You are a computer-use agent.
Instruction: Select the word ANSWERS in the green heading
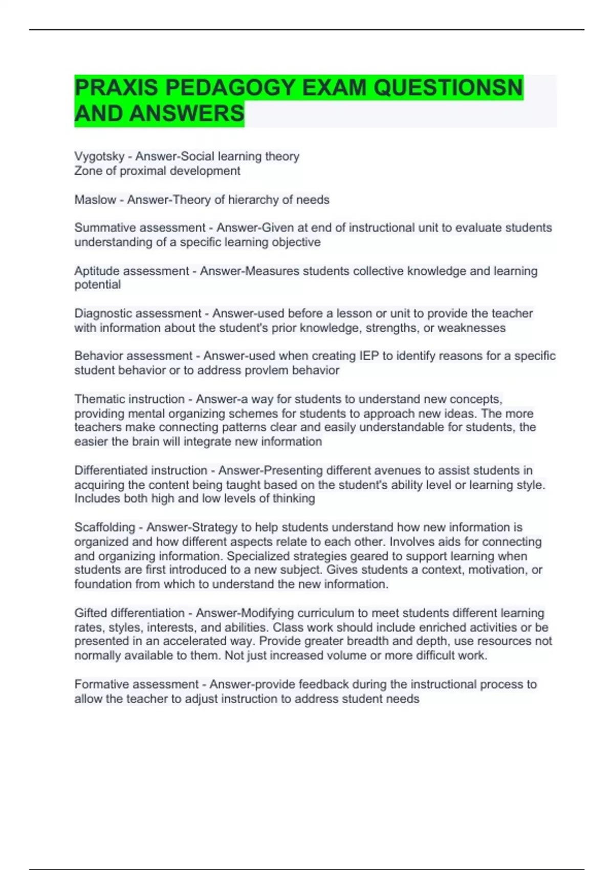(x=187, y=114)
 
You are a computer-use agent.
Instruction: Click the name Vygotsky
(x=99, y=157)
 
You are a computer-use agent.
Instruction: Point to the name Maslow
(x=95, y=200)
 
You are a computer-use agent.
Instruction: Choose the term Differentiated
(x=112, y=470)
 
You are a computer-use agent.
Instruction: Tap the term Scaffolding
(x=104, y=527)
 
